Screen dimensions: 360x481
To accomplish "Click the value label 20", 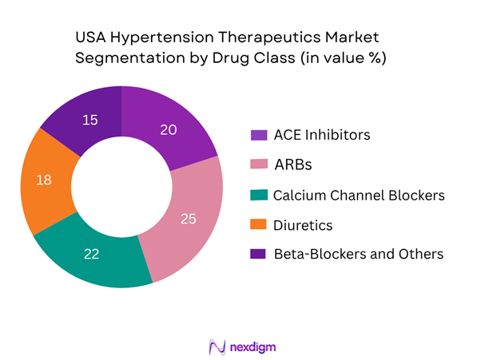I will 168,130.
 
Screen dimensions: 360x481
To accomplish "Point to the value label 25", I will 189,217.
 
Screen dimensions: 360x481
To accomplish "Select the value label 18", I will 45,180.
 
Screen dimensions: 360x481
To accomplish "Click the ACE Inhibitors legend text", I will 321,134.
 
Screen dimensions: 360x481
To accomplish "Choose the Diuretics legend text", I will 303,225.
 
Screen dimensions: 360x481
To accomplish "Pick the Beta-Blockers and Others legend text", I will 358,255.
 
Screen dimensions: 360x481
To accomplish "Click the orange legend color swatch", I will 257,225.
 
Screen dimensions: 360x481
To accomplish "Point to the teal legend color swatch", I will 257,195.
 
